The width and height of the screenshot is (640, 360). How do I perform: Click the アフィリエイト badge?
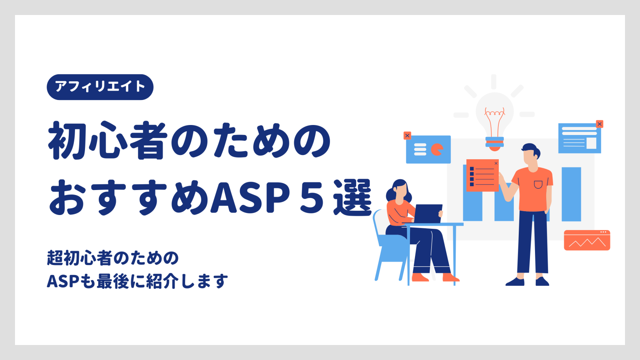point(100,87)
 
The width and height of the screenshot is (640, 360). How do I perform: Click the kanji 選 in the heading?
point(352,197)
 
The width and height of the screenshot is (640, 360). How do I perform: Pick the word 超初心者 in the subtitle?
point(80,258)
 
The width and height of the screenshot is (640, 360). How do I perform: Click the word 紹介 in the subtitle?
point(162,281)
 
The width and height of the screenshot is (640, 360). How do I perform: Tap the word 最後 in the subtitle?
point(113,281)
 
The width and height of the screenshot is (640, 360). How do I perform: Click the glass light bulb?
point(495,120)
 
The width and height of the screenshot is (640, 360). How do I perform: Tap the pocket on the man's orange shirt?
point(538,185)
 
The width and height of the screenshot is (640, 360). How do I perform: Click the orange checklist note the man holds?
point(482,175)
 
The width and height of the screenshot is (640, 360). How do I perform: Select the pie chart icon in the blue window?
point(437,150)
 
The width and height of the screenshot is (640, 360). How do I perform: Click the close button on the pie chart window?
point(407,135)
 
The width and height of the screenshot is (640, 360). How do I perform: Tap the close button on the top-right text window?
point(600,124)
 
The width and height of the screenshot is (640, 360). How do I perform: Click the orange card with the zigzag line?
point(587,240)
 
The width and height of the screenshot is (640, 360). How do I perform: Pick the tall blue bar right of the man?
point(571,194)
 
